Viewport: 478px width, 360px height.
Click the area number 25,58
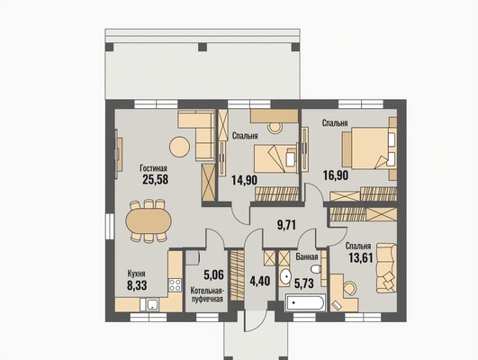tap(155, 179)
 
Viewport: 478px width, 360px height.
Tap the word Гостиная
tap(153, 168)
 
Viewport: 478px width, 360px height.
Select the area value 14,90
tap(244, 180)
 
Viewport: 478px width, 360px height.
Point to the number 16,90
tap(336, 175)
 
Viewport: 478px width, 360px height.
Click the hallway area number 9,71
tap(286, 225)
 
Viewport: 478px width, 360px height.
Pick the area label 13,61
tap(361, 258)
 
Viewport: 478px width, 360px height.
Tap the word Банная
tap(307, 257)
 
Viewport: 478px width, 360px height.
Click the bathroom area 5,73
tap(304, 283)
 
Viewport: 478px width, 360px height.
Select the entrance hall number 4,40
tap(260, 281)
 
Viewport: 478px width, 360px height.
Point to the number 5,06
tap(213, 274)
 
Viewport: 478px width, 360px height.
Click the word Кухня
tap(136, 274)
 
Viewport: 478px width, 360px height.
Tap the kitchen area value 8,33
tap(137, 285)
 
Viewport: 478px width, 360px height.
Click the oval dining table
tap(149, 220)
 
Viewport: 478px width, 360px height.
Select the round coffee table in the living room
tap(179, 147)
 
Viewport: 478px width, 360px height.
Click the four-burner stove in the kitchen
tap(175, 285)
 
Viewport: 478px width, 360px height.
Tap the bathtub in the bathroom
tap(304, 303)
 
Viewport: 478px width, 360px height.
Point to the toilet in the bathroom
tap(316, 269)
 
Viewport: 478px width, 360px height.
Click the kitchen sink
tap(149, 304)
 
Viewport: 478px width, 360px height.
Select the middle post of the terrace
tap(203, 47)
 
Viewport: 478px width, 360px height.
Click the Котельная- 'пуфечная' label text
tap(207, 294)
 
